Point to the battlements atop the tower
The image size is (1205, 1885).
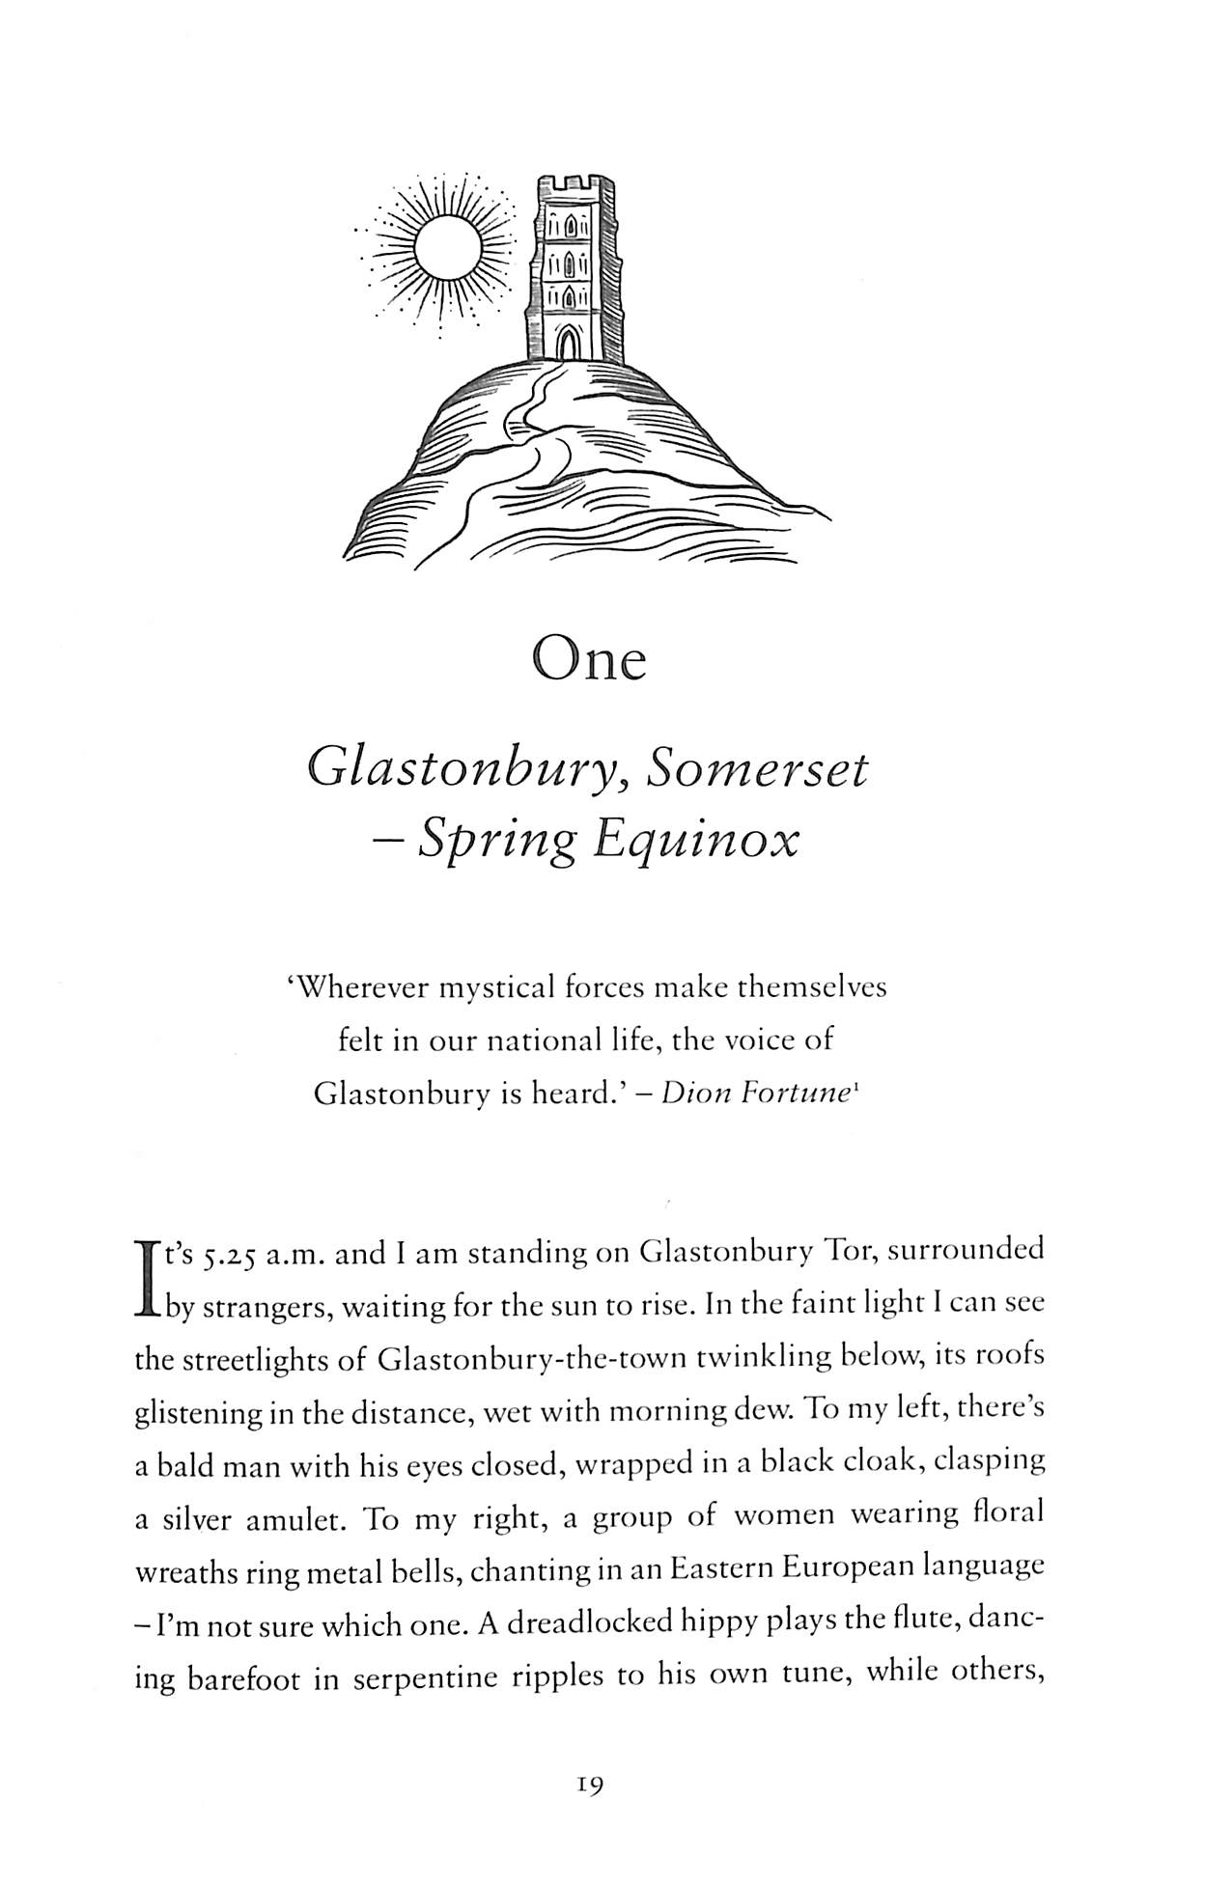tap(576, 183)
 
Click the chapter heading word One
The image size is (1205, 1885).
tap(589, 661)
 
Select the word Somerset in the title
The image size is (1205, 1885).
tap(758, 768)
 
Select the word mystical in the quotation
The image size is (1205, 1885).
tap(501, 989)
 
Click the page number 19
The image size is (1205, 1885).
tap(589, 1786)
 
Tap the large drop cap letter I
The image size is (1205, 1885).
tap(147, 1277)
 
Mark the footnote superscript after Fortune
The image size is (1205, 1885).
tap(851, 1087)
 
